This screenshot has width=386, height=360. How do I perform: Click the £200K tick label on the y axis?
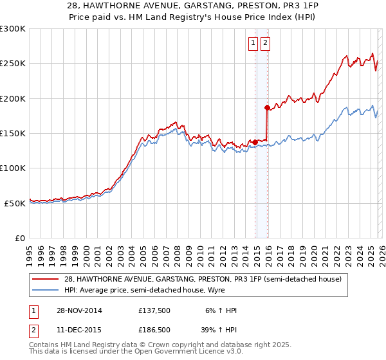click(13, 98)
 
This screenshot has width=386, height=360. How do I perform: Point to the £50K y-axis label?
click(15, 203)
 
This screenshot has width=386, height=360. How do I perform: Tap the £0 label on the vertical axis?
click(21, 238)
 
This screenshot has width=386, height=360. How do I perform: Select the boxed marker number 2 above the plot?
click(265, 43)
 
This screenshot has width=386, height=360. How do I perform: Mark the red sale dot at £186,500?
click(267, 108)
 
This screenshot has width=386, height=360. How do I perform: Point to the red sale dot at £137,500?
click(255, 142)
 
